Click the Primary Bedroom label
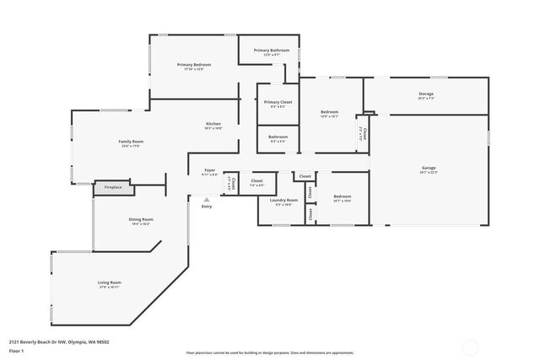(193, 65)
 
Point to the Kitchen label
(213, 125)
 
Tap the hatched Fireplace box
(112, 187)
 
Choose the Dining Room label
(140, 220)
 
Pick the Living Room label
(110, 282)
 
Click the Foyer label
(209, 171)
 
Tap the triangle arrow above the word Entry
(207, 199)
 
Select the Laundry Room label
(283, 200)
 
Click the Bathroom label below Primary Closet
(278, 137)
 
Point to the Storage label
(425, 94)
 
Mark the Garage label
(429, 168)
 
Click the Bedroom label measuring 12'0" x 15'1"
(329, 112)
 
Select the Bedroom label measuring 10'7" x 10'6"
(342, 196)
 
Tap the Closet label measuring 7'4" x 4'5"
(256, 180)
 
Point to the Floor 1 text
(16, 351)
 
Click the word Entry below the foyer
(207, 207)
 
